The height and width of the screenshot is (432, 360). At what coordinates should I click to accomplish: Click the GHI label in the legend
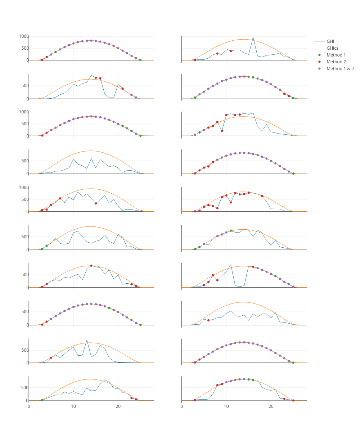click(x=330, y=41)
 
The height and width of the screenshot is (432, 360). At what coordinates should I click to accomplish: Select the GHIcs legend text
click(x=332, y=48)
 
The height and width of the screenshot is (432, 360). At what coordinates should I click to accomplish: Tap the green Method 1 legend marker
click(x=319, y=55)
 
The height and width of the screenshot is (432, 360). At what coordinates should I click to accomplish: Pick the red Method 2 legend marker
click(x=319, y=62)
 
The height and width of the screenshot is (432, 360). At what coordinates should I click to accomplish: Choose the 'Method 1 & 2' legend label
click(x=340, y=68)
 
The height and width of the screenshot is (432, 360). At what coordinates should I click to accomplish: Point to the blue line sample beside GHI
click(x=319, y=41)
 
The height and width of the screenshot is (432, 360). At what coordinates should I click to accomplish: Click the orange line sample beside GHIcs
click(x=319, y=48)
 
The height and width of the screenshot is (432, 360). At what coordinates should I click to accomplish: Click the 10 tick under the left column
click(x=73, y=406)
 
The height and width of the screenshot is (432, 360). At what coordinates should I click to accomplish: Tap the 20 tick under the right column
click(x=271, y=406)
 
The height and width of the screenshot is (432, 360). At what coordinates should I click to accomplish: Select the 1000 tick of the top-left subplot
click(x=24, y=36)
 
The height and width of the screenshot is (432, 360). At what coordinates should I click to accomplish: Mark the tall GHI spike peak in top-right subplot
click(x=253, y=37)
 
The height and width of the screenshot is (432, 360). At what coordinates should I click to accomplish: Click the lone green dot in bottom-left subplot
click(x=42, y=400)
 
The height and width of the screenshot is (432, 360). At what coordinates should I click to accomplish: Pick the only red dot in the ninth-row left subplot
click(x=51, y=357)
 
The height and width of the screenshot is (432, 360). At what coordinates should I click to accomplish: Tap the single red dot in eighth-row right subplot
click(x=208, y=320)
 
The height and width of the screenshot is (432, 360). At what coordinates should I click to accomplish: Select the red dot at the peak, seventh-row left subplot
click(x=91, y=266)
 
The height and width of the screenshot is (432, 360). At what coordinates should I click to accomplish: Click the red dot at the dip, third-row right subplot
click(x=222, y=131)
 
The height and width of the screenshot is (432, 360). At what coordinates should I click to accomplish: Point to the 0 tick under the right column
click(x=182, y=406)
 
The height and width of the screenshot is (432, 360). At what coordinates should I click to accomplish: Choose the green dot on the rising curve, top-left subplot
click(x=55, y=52)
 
